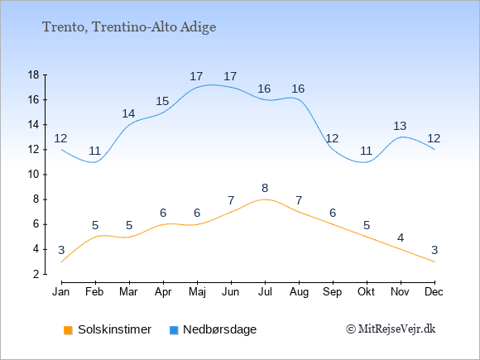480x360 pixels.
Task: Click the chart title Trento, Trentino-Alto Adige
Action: (x=129, y=27)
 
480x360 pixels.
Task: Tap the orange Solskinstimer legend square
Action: (x=68, y=330)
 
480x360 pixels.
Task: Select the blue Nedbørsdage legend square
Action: (x=174, y=330)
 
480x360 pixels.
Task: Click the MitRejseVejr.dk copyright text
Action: (x=391, y=329)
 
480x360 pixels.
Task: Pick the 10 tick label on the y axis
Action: (x=34, y=175)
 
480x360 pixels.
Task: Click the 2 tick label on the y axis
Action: (x=36, y=274)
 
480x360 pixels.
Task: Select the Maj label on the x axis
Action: (x=197, y=292)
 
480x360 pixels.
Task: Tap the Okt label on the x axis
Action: (x=367, y=292)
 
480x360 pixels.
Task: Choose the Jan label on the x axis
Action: (x=61, y=292)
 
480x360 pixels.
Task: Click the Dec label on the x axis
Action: (x=434, y=292)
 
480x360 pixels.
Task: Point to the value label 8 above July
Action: (x=265, y=188)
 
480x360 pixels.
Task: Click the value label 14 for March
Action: (x=128, y=113)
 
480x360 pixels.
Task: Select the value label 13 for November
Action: (x=400, y=126)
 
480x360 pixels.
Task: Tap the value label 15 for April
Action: (x=162, y=101)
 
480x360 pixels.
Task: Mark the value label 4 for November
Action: (x=401, y=238)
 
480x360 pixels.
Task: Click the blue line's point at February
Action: (x=95, y=162)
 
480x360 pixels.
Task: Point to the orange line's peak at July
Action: (x=265, y=199)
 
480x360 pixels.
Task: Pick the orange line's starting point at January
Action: (x=62, y=262)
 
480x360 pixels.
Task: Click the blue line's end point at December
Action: (x=434, y=150)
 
